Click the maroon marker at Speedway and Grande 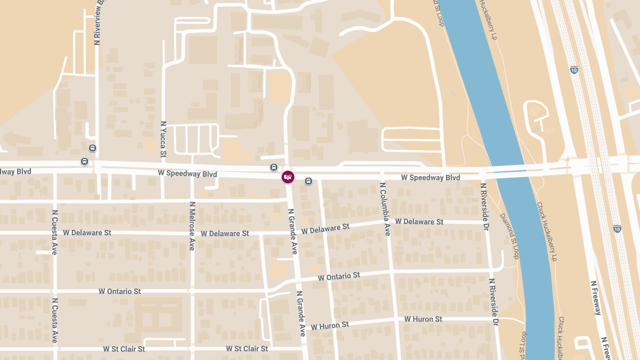point(288,177)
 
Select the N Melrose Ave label point(192,226)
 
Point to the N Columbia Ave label point(385,209)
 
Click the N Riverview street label point(98,22)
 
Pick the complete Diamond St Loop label point(509,236)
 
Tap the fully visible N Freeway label point(595,298)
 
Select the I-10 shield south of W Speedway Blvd point(617,228)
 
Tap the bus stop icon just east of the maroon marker point(308,181)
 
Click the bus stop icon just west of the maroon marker point(274,167)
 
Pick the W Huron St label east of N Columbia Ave point(423,319)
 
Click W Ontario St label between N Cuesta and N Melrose point(119,291)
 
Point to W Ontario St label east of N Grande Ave point(339,276)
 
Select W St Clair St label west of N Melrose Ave point(124,349)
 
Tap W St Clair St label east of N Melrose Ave point(246,349)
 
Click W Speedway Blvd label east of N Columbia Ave point(430,178)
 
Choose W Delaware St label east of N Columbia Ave point(419,221)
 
